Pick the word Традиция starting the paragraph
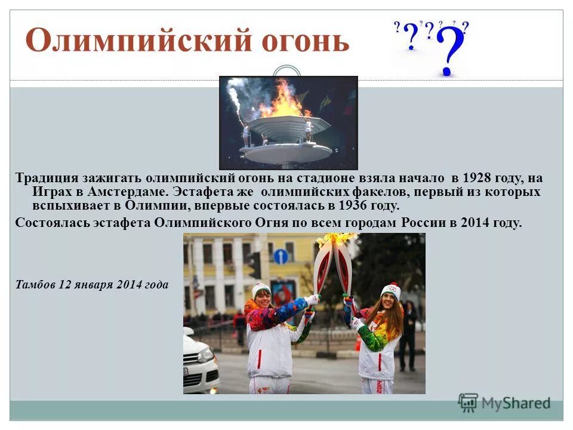(x=47, y=178)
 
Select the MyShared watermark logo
(x=504, y=403)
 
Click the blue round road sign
(x=281, y=257)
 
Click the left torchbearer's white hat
(x=261, y=290)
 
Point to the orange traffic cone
(x=358, y=343)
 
